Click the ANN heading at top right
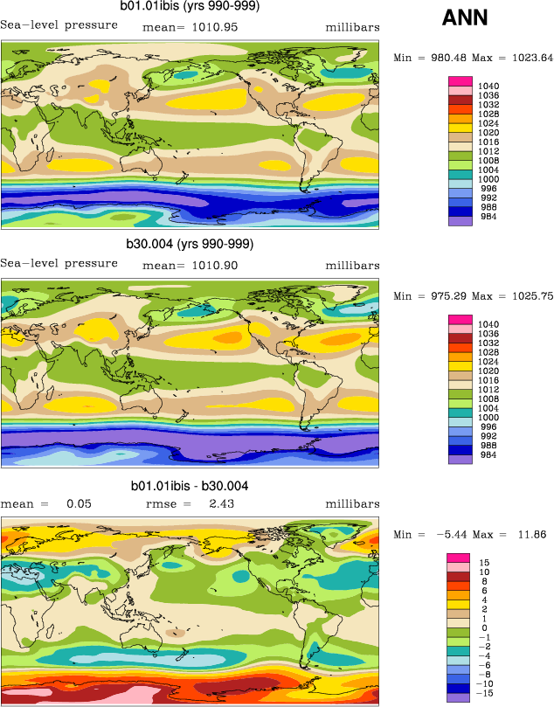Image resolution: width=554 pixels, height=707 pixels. pyautogui.click(x=465, y=17)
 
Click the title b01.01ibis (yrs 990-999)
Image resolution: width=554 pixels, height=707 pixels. pyautogui.click(x=190, y=7)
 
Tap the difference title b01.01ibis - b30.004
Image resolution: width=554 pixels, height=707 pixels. pyautogui.click(x=190, y=485)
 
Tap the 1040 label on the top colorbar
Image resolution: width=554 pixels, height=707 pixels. pyautogui.click(x=489, y=85)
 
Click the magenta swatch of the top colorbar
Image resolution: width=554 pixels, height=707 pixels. pyautogui.click(x=460, y=81)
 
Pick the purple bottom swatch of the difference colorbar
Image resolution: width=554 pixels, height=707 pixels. pyautogui.click(x=460, y=697)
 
